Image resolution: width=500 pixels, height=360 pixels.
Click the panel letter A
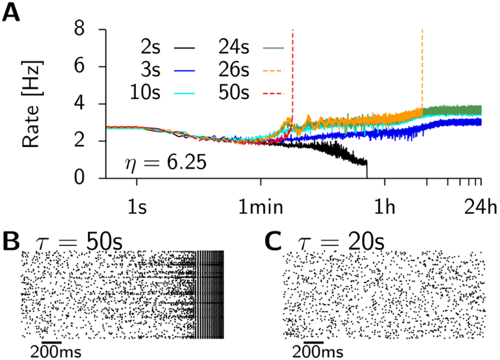click(12, 14)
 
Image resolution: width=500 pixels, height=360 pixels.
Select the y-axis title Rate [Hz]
click(31, 104)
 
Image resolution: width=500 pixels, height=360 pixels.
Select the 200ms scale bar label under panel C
click(317, 351)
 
